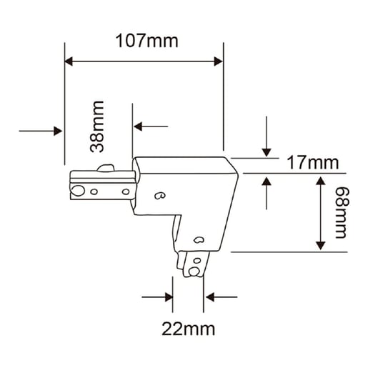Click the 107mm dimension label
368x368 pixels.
[x=146, y=41]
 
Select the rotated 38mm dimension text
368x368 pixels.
[x=97, y=126]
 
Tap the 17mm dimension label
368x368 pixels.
[x=313, y=163]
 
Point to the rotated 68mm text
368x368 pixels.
[x=342, y=212]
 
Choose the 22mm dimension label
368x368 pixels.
[x=189, y=329]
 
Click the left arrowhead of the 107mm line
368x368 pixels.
[x=69, y=61]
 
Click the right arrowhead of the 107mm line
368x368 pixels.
[x=218, y=61]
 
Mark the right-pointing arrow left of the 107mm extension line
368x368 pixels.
[x=41, y=131]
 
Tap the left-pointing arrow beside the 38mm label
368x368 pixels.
[x=151, y=126]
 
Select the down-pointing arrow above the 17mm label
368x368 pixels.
[x=267, y=136]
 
